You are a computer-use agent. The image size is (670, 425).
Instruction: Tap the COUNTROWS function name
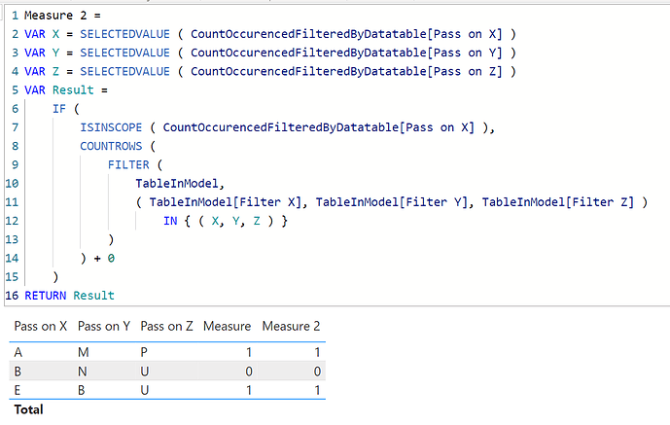pos(111,145)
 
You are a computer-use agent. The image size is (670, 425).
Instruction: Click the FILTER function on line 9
pos(128,164)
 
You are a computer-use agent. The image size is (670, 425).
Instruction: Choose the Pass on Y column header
pos(104,327)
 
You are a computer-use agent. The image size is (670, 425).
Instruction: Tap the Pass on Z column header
pos(166,327)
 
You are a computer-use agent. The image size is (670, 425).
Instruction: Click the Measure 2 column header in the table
pos(291,327)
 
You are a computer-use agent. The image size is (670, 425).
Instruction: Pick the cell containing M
pos(84,352)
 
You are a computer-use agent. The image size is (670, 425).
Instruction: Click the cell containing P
pos(145,352)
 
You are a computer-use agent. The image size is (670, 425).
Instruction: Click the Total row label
pos(28,409)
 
